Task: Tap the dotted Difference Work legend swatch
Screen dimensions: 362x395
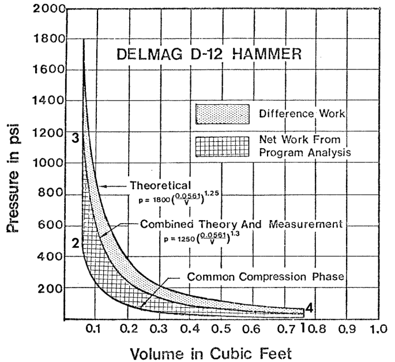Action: coord(222,114)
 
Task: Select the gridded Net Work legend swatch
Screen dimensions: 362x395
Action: coord(222,145)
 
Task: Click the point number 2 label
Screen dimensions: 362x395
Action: coord(75,243)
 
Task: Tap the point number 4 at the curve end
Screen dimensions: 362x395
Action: coord(309,308)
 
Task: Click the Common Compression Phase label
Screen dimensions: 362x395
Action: coord(265,276)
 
